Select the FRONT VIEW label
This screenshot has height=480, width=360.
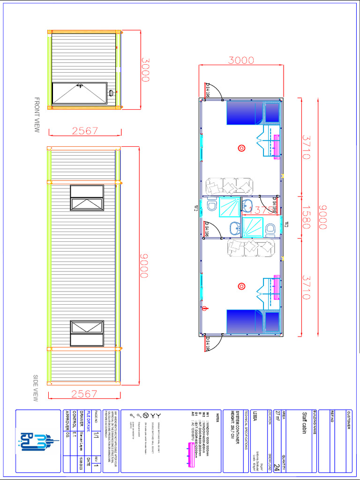point(37,115)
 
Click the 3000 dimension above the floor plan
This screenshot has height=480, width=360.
point(241,60)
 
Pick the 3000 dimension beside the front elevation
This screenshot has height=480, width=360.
point(146,70)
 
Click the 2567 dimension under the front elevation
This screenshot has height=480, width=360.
point(85,131)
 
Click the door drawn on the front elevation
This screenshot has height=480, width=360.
point(79,93)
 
